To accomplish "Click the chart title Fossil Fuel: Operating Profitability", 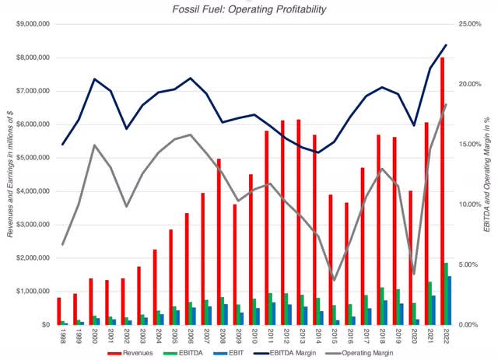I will click(x=249, y=9).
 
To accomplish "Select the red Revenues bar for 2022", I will click(x=442, y=190).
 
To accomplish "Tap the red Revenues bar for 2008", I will click(x=219, y=241).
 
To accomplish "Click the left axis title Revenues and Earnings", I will click(x=9, y=174).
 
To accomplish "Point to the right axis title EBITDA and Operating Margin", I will click(x=489, y=174).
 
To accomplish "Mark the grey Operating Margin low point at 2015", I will click(x=334, y=279).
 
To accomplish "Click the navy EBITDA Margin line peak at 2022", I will click(x=445, y=45).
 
